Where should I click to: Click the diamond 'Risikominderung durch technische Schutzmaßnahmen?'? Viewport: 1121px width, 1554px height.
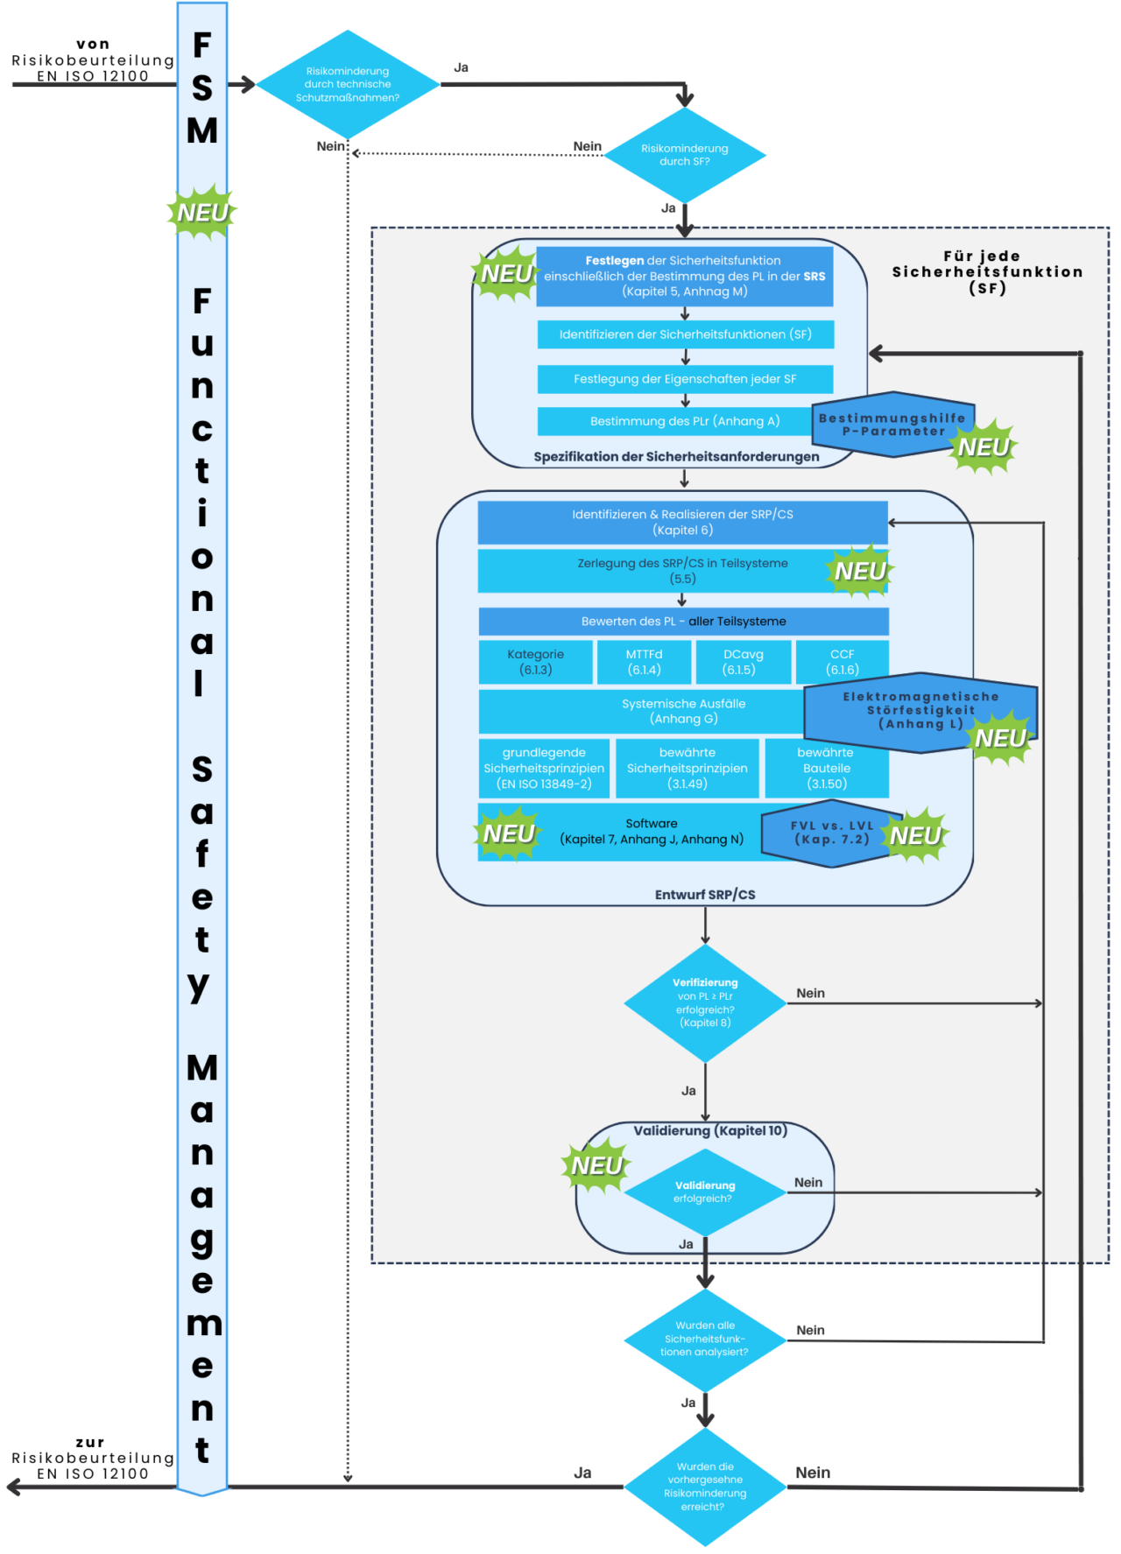(x=348, y=85)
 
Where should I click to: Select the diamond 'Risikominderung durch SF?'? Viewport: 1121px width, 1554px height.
(x=685, y=155)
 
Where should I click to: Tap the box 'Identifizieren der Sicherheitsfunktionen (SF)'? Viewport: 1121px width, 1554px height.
(x=685, y=334)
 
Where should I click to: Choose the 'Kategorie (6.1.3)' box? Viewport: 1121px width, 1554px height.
(x=535, y=662)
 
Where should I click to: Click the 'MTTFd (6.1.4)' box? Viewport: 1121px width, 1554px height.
(x=644, y=662)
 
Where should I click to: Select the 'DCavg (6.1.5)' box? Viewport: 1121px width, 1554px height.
(x=743, y=662)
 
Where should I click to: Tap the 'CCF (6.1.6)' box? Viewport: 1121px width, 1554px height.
(x=842, y=662)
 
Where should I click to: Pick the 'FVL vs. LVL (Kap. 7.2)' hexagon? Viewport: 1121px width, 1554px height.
(x=823, y=833)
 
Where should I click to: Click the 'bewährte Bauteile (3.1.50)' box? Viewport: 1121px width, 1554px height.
(x=826, y=768)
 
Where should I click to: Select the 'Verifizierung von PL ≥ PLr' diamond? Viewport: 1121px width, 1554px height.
(x=705, y=1002)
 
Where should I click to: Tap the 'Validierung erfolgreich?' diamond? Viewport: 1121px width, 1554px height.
(x=705, y=1192)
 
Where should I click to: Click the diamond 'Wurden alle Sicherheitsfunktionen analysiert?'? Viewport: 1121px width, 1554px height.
(x=705, y=1339)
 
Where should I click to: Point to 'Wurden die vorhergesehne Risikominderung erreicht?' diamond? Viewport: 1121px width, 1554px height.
(x=705, y=1486)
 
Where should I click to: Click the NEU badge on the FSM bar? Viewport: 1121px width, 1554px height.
(x=202, y=213)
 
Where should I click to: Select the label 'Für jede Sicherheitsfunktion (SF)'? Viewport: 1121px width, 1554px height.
(x=987, y=272)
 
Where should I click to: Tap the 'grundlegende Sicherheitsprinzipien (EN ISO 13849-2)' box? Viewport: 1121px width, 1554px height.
(x=544, y=768)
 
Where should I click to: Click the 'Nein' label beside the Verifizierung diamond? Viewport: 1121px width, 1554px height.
(x=810, y=993)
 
